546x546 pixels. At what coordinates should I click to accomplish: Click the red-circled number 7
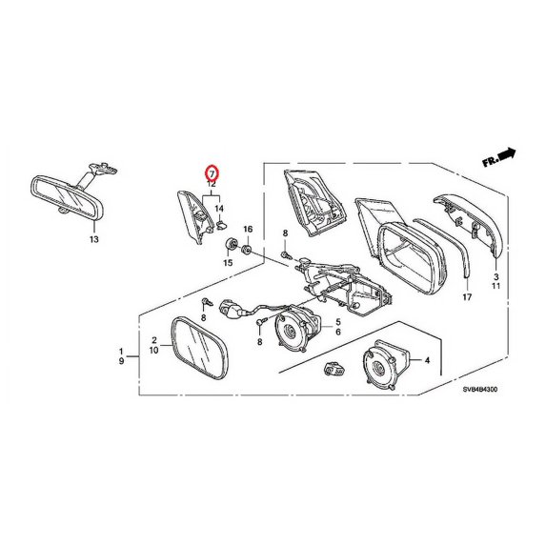point(212,172)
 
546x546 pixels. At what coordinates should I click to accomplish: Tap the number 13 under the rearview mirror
point(93,240)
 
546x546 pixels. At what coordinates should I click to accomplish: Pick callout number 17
point(467,298)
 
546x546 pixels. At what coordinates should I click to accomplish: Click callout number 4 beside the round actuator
point(427,361)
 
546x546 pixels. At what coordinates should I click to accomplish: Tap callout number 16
point(248,230)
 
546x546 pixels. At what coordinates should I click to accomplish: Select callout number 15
point(229,261)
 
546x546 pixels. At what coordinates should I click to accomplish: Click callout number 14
point(218,208)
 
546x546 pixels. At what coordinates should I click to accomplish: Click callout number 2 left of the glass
point(153,340)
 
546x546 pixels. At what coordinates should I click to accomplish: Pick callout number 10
point(153,351)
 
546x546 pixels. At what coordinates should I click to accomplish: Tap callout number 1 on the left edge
point(121,351)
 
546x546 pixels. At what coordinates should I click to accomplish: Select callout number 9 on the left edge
point(121,362)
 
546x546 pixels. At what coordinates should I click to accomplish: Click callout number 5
point(337,321)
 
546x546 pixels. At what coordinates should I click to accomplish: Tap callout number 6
point(337,333)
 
